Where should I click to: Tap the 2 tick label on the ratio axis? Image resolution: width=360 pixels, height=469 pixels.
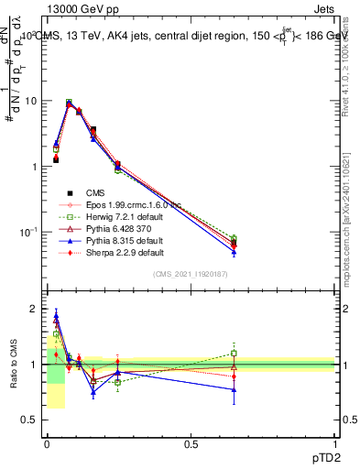point(34,310)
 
